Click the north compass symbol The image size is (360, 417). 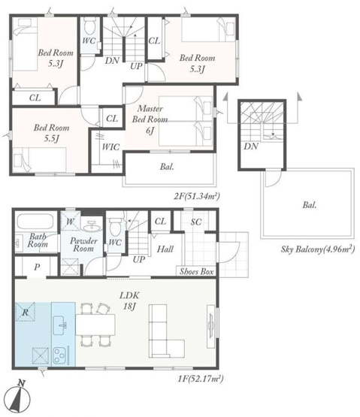pos(18,398)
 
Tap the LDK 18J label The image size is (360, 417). pos(129,301)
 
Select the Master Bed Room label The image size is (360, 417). pos(150,113)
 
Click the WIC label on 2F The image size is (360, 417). pos(110,147)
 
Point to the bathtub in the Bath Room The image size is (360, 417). pos(35,222)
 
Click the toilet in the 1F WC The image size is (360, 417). pos(116,226)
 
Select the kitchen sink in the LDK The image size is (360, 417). pos(60,325)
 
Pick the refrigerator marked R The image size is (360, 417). pos(26,312)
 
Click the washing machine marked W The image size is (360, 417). pos(70,221)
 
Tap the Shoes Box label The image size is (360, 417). pos(196,271)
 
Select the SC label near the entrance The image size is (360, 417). pos(196,222)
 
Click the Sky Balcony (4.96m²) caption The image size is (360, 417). pos(318,249)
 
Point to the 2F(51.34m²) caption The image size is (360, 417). pos(197,196)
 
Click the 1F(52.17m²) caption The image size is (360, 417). pos(201,379)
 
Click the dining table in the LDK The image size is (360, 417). pos(95,325)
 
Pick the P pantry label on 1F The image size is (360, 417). pos(37,267)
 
